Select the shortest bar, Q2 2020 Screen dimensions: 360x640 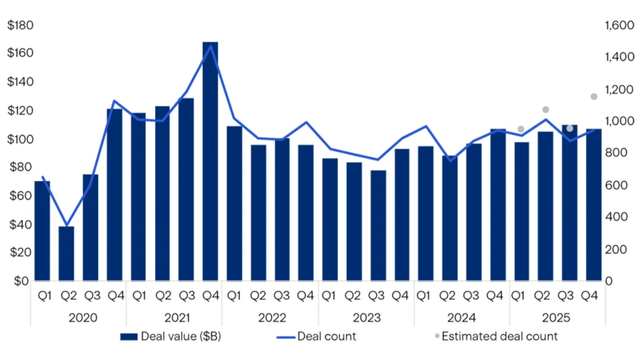(66, 253)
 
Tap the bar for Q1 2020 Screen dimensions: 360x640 (42, 231)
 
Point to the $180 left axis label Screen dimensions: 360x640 (20, 26)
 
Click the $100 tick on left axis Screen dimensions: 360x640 (20, 139)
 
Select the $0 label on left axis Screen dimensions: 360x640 (24, 281)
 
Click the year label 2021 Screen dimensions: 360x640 (177, 317)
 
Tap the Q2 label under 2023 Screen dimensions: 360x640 (354, 296)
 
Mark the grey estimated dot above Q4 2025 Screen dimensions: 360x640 (594, 96)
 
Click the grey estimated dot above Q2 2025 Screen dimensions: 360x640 (546, 109)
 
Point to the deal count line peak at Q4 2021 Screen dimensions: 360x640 (211, 46)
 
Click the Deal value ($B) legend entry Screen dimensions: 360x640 (170, 336)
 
